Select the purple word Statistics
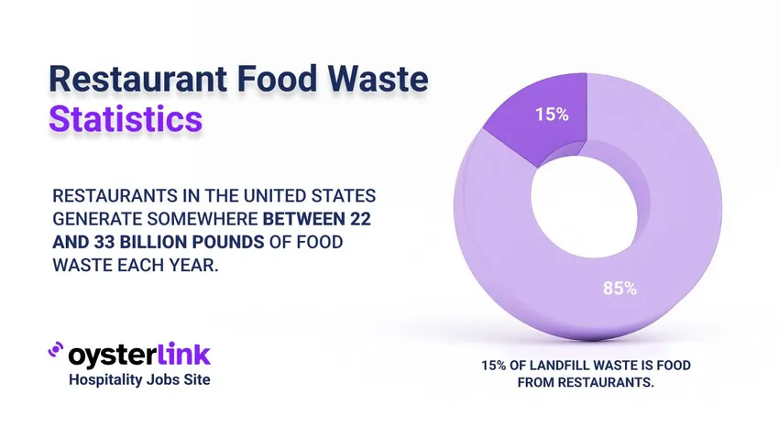[x=126, y=120]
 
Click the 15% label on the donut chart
[x=553, y=115]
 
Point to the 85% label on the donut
[x=620, y=288]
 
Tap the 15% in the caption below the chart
[x=495, y=366]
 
